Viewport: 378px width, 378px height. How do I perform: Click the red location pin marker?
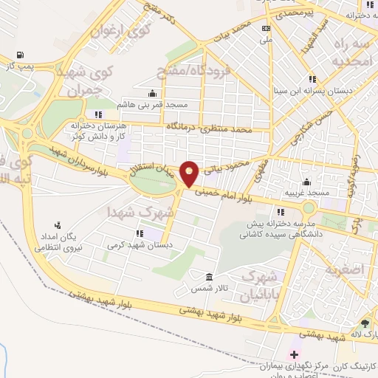pos(190,173)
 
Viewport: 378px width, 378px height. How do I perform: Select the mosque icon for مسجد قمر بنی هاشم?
pos(153,93)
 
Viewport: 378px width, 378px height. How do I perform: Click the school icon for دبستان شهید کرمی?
pos(138,233)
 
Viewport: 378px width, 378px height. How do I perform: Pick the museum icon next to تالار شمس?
pos(210,277)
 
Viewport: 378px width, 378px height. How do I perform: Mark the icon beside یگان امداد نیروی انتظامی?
pos(58,224)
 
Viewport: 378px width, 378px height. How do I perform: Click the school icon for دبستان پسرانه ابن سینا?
pos(312,78)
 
